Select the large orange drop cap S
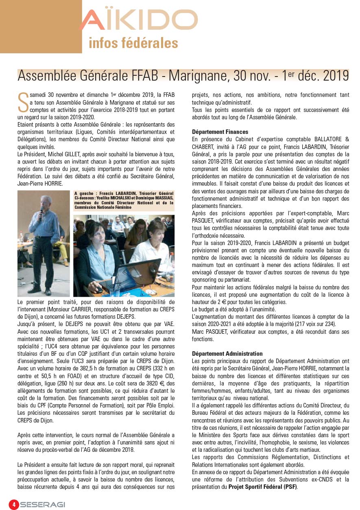tap(23, 102)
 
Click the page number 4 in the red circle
tap(14, 504)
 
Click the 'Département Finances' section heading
tap(220, 132)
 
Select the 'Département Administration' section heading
tap(227, 353)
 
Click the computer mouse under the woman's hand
tap(99, 289)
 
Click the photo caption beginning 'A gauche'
tap(124, 200)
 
